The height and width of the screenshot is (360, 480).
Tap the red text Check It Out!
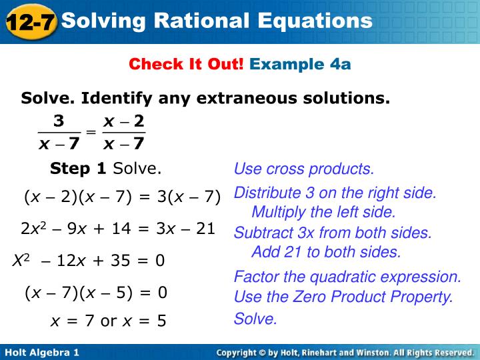187,64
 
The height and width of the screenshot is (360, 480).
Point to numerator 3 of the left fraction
59,121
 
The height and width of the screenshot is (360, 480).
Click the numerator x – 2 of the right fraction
124,121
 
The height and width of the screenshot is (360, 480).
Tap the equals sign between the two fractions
92,132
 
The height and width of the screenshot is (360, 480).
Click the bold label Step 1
78,169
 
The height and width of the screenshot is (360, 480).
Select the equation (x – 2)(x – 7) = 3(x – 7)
123,197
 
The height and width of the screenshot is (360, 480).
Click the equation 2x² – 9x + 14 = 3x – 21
118,229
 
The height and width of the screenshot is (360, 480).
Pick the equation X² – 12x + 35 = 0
89,260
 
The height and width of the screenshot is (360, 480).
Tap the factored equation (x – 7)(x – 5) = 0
96,293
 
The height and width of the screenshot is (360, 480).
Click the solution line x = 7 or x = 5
109,321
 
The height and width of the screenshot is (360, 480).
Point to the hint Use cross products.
304,169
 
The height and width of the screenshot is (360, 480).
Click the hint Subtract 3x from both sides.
333,233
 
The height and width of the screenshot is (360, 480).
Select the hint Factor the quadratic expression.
347,277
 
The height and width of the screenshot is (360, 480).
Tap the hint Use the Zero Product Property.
343,297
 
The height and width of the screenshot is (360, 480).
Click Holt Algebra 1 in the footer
42,351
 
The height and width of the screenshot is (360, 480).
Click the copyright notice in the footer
345,351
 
